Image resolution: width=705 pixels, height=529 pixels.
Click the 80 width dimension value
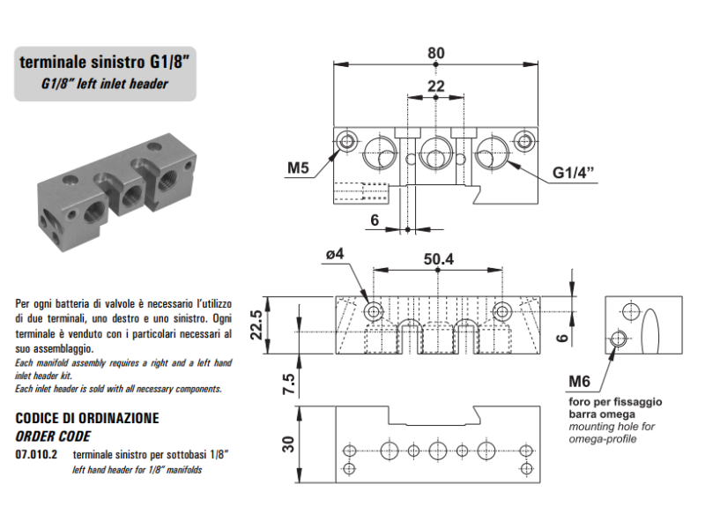click(435, 53)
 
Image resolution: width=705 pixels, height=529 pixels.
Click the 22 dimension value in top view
click(435, 86)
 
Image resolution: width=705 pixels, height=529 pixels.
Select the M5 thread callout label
click(298, 168)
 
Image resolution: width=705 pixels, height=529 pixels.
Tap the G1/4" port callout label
click(574, 172)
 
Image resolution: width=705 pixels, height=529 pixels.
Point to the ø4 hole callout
click(335, 254)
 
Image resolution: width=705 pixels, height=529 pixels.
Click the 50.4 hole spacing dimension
click(438, 259)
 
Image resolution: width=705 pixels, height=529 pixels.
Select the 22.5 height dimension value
click(256, 324)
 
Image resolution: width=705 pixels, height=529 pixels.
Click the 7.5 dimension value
click(289, 384)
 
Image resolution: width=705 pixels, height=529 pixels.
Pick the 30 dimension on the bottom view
click(288, 444)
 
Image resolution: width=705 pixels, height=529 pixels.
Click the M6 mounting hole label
click(579, 382)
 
